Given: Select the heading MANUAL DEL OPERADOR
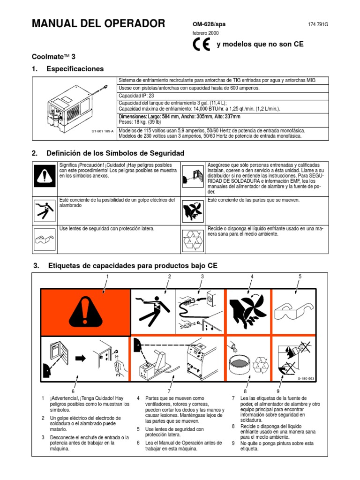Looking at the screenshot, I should pos(98,23).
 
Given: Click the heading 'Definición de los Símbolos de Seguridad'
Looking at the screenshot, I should pos(115,153).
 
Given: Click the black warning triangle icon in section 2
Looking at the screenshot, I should pos(45,176).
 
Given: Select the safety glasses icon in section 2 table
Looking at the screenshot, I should pos(45,239).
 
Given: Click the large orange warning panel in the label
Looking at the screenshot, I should pos(85,312).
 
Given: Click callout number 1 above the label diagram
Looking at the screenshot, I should pos(107,277).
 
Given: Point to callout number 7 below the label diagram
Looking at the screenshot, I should pos(168,391).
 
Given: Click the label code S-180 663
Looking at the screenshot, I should pos(307,378).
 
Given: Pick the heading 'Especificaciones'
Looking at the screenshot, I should pos(75,69).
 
